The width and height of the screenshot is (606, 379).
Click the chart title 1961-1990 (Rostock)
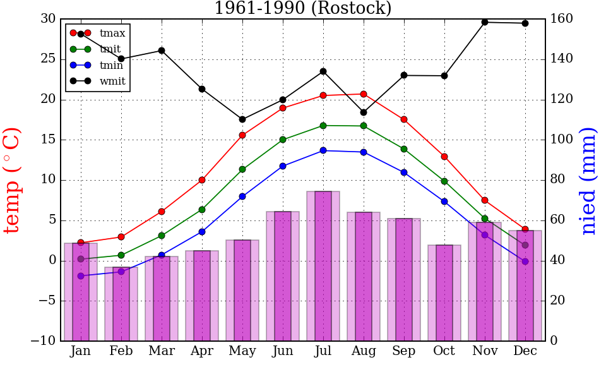coord(302,8)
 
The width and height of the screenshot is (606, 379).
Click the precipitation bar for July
coord(323,266)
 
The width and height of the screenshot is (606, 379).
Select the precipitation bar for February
coord(121,304)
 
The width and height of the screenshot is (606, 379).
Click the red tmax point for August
coord(364,94)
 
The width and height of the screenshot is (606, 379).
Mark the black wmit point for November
coord(485,22)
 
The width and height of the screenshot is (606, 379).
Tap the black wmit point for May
coord(242,119)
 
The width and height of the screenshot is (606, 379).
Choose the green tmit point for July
coord(323,126)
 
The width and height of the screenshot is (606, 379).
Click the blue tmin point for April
coord(202,232)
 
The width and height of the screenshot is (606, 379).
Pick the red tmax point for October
coord(444,157)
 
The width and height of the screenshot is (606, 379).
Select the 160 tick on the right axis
coord(561,18)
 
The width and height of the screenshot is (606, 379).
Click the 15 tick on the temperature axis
coord(48,140)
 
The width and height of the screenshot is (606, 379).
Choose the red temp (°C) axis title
coord(13,180)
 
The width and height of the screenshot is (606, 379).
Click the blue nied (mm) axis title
coord(588,181)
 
